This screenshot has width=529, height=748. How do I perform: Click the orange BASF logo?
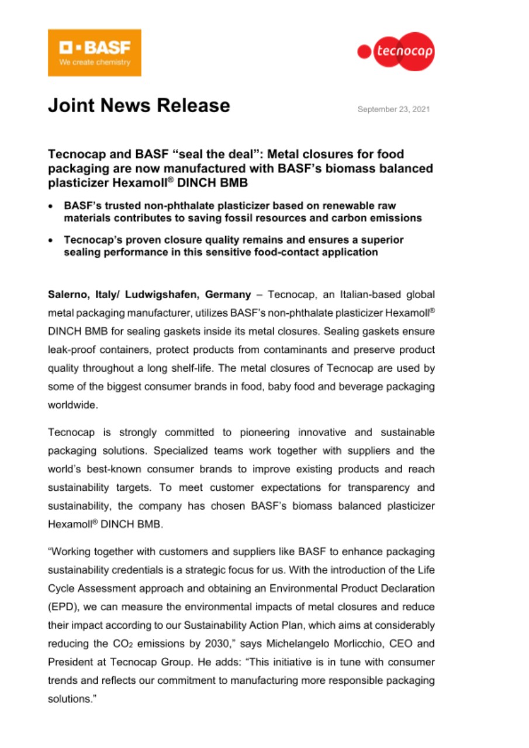tap(94, 53)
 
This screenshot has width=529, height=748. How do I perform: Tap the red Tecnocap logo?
tap(396, 52)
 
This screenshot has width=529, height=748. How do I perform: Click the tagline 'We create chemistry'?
tap(94, 63)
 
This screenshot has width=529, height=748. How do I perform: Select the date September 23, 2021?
tap(393, 109)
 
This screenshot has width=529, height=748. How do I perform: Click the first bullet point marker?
tap(52, 206)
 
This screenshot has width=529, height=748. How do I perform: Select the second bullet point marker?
tap(52, 240)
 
